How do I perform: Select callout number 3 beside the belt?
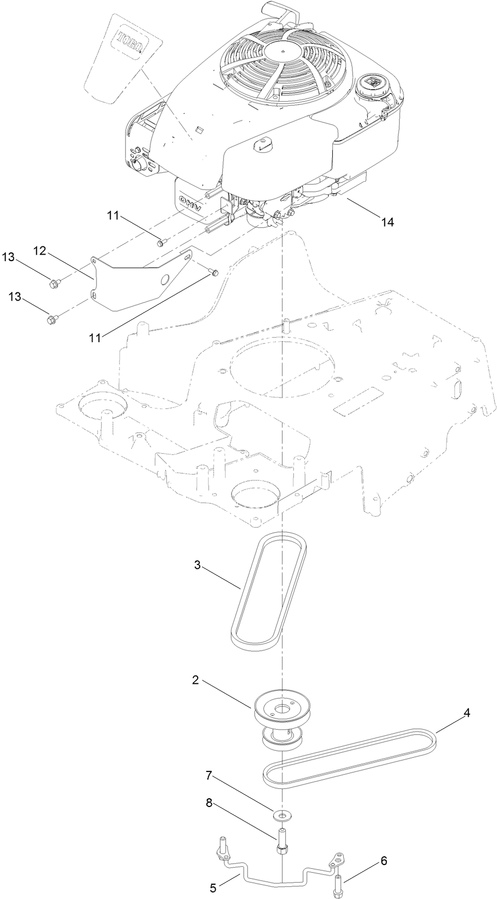point(198,563)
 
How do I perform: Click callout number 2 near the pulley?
point(195,680)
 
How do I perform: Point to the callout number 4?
point(466,713)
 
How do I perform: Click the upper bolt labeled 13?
point(54,283)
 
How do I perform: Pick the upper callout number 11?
point(113,216)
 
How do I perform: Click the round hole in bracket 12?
point(163,280)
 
